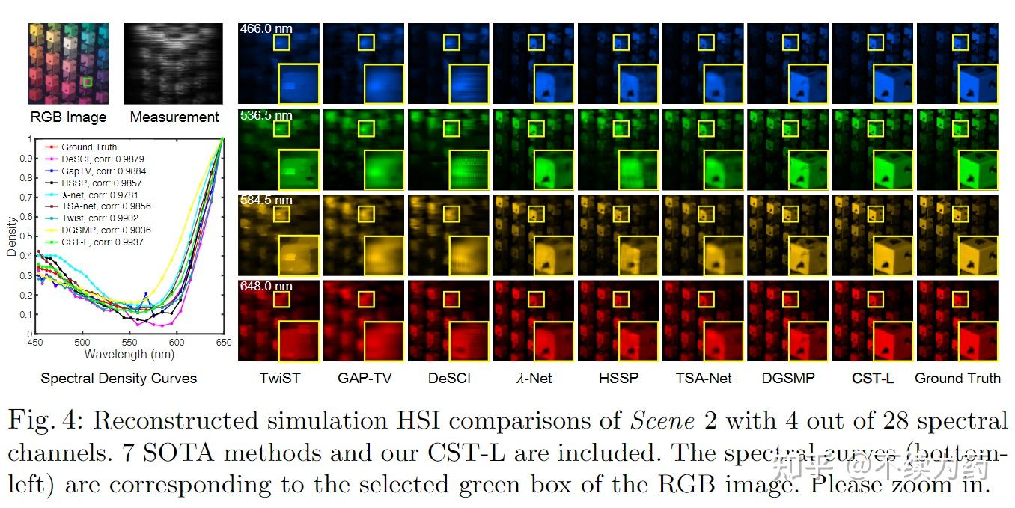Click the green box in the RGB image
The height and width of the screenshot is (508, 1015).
tap(88, 82)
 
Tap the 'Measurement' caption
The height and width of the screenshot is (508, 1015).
tap(174, 117)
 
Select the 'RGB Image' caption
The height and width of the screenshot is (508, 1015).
tap(68, 117)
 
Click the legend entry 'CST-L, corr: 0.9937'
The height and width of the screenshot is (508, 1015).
tap(102, 242)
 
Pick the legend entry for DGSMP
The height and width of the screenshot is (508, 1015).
tap(102, 231)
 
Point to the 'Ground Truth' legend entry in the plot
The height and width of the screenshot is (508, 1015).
tap(88, 147)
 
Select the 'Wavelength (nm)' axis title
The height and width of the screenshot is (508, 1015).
tap(129, 354)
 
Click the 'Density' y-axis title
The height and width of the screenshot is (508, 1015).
tap(11, 237)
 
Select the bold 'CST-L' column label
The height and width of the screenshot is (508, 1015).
tap(873, 379)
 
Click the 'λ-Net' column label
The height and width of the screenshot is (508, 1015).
tap(534, 379)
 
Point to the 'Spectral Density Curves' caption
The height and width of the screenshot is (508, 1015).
tap(118, 379)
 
